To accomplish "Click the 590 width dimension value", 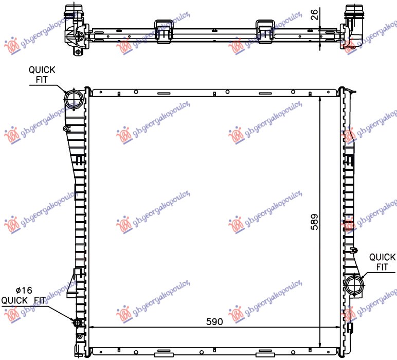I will pos(214,321).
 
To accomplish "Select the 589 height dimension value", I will pos(314,221).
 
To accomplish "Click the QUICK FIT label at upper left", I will pos(42,75).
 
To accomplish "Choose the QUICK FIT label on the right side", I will pos(382,262).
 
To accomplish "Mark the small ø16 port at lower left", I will pos(79,323).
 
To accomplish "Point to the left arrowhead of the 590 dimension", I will pos(92,327).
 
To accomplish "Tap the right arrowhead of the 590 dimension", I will pos(337,327).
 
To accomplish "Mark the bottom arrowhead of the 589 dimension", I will pos(320,345).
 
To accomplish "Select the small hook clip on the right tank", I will pos(354,250).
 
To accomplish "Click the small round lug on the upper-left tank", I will pos(66,128).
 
